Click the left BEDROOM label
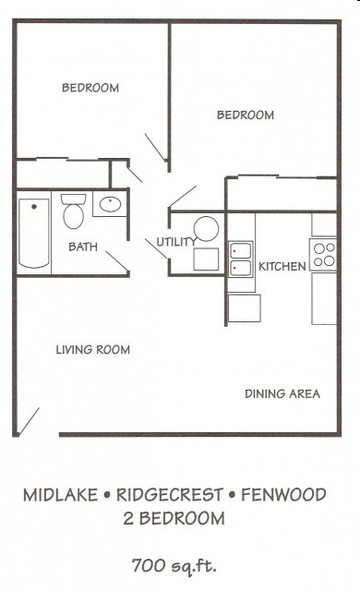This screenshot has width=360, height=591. pos(90,89)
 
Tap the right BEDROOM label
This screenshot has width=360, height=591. pos(246,115)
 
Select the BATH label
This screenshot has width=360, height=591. pos(83,247)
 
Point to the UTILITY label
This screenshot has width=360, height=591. pos(175,243)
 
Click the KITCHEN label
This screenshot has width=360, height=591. pos(282,267)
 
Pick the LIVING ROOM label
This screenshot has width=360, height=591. pos(92,350)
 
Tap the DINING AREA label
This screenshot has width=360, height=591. pos(282,394)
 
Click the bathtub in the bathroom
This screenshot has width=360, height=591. pos(34,232)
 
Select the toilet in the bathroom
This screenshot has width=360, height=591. pos(73,212)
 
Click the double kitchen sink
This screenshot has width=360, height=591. pos(242,259)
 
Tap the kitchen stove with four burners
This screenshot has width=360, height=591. pos(324,254)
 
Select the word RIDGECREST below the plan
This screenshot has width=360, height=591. pos(172,496)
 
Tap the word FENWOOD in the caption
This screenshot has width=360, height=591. pos(283,496)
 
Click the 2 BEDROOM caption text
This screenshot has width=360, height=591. pos(174,520)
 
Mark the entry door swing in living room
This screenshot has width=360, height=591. pos(29,420)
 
